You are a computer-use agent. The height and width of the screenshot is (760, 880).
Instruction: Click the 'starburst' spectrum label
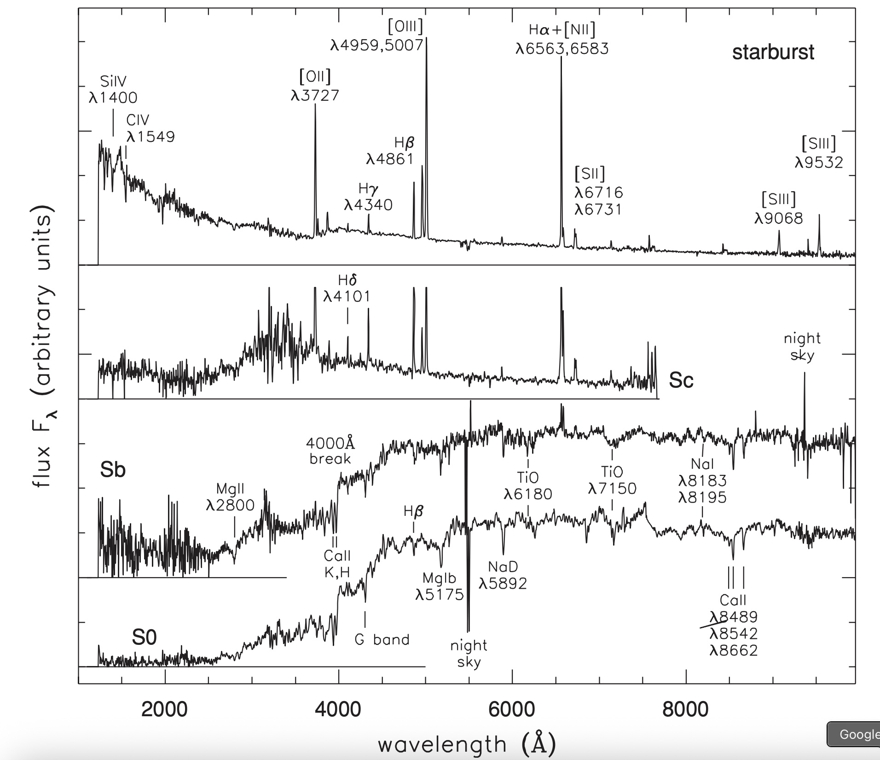(x=773, y=53)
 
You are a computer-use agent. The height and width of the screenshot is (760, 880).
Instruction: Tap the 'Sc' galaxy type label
(x=681, y=380)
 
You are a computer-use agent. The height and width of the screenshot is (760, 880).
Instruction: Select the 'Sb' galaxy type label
(x=113, y=470)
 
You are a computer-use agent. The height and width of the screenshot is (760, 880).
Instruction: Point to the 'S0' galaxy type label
(x=145, y=637)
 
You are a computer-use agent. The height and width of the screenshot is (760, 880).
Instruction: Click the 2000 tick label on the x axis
(x=164, y=709)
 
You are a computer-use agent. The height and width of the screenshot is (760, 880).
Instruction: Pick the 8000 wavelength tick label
(x=685, y=709)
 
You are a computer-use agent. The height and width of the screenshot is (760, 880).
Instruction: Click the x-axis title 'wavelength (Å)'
(x=467, y=744)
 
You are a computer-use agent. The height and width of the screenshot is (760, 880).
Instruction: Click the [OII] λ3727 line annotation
(x=315, y=86)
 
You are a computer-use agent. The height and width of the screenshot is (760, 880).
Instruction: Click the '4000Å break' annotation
(x=330, y=451)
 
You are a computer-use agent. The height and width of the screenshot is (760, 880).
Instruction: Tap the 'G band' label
(x=382, y=639)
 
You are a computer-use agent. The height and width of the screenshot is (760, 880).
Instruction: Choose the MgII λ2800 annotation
(x=230, y=497)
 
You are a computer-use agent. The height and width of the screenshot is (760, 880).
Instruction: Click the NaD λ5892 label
(x=503, y=575)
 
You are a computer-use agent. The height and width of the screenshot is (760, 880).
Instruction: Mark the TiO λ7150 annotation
(x=612, y=480)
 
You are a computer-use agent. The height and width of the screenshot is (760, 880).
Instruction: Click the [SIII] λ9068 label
(x=779, y=209)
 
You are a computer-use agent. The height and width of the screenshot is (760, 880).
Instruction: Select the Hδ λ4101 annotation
(x=347, y=288)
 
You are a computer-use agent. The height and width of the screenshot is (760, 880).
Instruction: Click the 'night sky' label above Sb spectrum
(x=802, y=346)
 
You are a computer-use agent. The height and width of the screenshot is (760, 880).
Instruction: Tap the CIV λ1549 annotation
(x=151, y=129)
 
